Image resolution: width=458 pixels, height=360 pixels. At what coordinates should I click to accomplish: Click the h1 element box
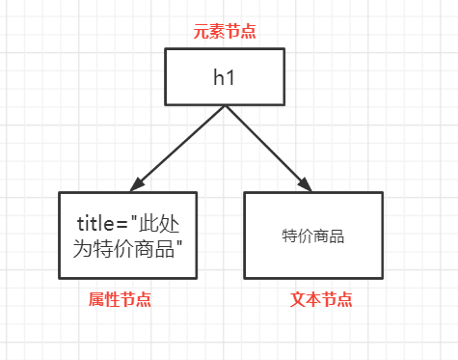tap(225, 76)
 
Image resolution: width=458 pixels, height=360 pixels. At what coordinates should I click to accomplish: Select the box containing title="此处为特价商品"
tap(128, 235)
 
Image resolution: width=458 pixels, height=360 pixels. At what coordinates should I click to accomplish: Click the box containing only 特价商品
tap(313, 235)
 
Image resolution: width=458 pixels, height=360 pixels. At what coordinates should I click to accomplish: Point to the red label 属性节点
tap(120, 300)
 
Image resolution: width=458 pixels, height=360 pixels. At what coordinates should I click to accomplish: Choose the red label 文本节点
tap(322, 300)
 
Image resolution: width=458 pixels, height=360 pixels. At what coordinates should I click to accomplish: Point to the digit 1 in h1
tap(232, 77)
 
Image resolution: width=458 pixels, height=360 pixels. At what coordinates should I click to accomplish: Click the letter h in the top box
tap(220, 77)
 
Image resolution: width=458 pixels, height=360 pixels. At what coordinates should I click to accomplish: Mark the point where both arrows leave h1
tap(225, 105)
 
